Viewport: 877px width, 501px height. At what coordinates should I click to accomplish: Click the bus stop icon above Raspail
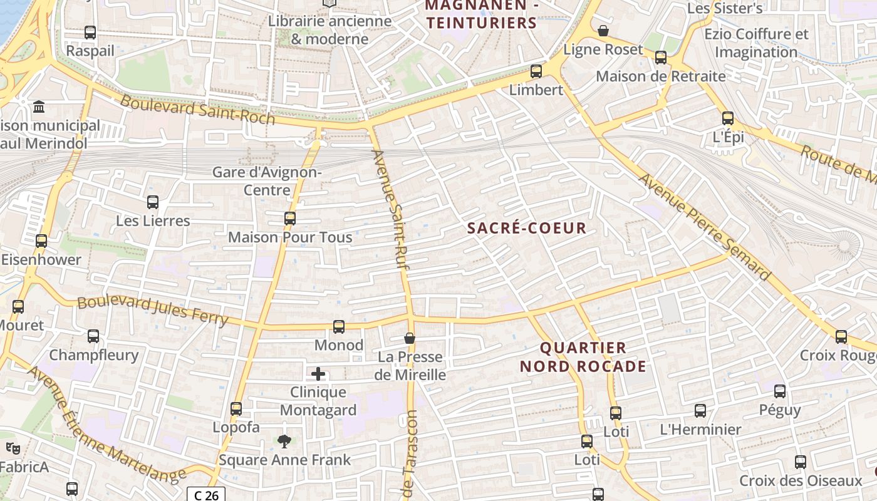pyautogui.click(x=90, y=33)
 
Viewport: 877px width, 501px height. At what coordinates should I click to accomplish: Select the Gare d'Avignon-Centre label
pyautogui.click(x=267, y=180)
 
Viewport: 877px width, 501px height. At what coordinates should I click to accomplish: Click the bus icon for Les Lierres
pyautogui.click(x=153, y=202)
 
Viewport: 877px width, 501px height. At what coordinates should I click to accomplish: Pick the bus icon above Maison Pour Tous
pyautogui.click(x=289, y=219)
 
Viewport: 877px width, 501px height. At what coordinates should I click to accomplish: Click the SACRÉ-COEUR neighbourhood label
pyautogui.click(x=527, y=228)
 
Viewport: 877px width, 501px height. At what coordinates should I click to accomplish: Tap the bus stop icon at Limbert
pyautogui.click(x=536, y=71)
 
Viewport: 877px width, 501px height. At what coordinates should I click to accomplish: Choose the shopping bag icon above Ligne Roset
pyautogui.click(x=603, y=31)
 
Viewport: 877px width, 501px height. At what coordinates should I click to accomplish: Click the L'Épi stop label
pyautogui.click(x=728, y=137)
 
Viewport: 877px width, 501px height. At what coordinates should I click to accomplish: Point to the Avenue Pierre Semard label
pyautogui.click(x=704, y=227)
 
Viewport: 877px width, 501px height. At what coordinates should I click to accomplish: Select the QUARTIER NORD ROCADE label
pyautogui.click(x=583, y=357)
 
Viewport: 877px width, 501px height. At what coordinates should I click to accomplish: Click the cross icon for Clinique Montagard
pyautogui.click(x=318, y=374)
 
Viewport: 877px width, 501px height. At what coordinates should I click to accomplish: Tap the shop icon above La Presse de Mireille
pyautogui.click(x=410, y=338)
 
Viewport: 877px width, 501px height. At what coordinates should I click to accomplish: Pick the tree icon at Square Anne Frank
pyautogui.click(x=284, y=442)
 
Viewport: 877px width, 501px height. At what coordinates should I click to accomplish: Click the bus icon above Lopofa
pyautogui.click(x=236, y=409)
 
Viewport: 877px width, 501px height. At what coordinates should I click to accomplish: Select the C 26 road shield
pyautogui.click(x=206, y=495)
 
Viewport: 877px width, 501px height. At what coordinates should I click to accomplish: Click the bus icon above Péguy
pyautogui.click(x=780, y=391)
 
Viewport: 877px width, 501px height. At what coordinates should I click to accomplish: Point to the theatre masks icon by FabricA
pyautogui.click(x=12, y=448)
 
